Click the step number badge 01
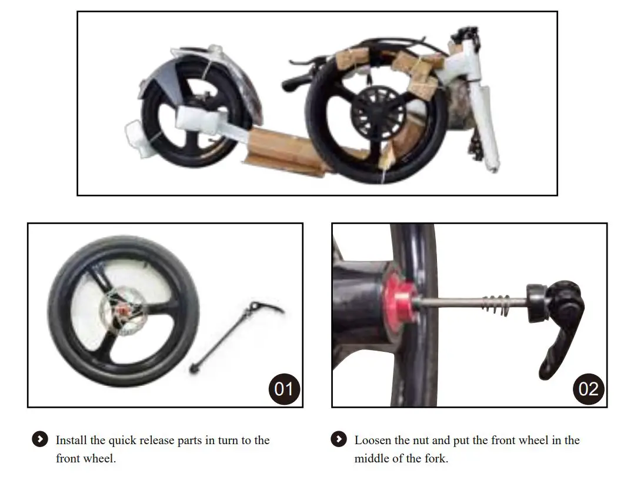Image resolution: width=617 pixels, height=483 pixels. coord(284,388)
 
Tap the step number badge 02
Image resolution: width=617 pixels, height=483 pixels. coord(588,388)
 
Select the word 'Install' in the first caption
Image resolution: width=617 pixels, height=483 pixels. coord(71,440)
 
